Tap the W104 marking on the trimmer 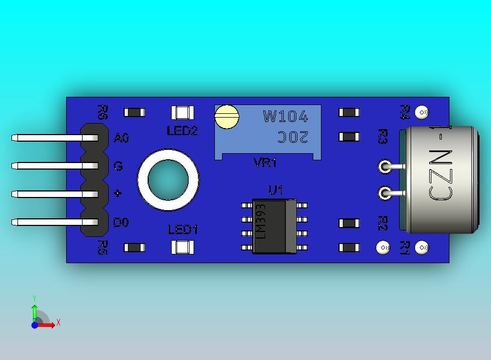pyautogui.click(x=285, y=117)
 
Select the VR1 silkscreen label pyautogui.click(x=265, y=162)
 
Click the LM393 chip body pyautogui.click(x=274, y=227)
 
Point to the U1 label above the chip pyautogui.click(x=276, y=190)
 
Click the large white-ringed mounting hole pyautogui.click(x=167, y=180)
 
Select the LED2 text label pyautogui.click(x=182, y=131)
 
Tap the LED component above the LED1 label pyautogui.click(x=182, y=247)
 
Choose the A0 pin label pyautogui.click(x=121, y=138)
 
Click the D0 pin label pyautogui.click(x=121, y=223)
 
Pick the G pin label pyautogui.click(x=118, y=166)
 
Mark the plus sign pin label pyautogui.click(x=118, y=194)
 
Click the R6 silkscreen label pyautogui.click(x=102, y=112)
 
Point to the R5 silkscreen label pyautogui.click(x=102, y=247)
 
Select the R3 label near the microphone pyautogui.click(x=383, y=137)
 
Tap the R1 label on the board pyautogui.click(x=405, y=248)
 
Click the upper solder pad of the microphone pyautogui.click(x=385, y=166)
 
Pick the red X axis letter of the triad pyautogui.click(x=58, y=323)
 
